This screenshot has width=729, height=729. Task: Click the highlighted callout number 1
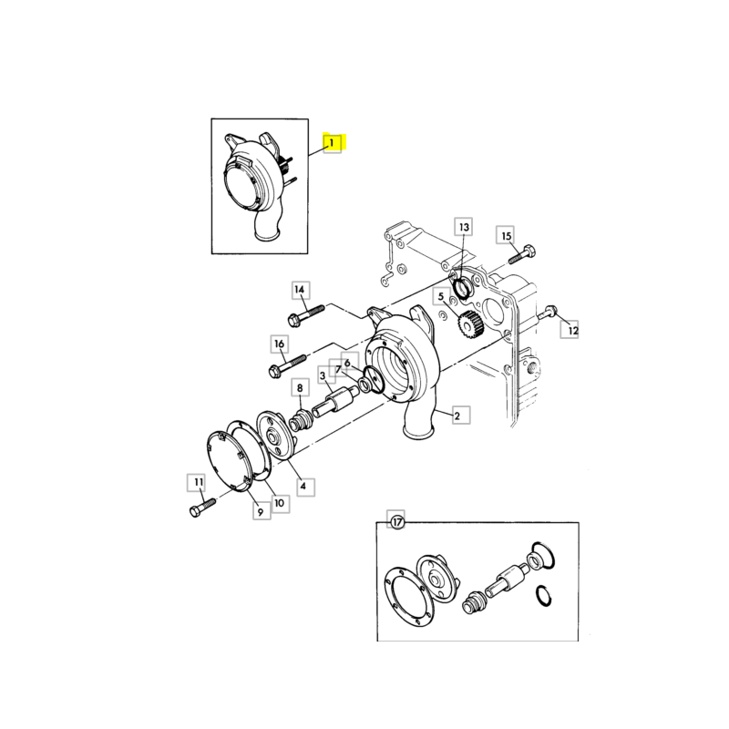coord(332,143)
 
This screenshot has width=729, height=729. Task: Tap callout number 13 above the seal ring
coord(464,227)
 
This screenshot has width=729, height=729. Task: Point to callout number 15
coord(506,236)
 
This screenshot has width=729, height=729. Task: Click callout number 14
coord(301,290)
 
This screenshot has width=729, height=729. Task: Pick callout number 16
coord(280,344)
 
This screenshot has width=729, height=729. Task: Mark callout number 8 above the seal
coord(300,388)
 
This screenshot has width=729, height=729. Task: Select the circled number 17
coord(396,522)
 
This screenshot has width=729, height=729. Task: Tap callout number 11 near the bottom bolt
coord(199,483)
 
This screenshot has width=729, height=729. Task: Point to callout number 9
coord(262,511)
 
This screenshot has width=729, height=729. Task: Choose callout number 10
coord(280,503)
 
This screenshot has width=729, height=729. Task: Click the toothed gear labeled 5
coord(471,325)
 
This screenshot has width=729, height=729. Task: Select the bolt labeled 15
coord(522,253)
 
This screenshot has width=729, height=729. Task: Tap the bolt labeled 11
coord(202,508)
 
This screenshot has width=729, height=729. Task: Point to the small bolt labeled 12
coord(548,313)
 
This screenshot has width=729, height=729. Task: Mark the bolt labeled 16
coord(287,365)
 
